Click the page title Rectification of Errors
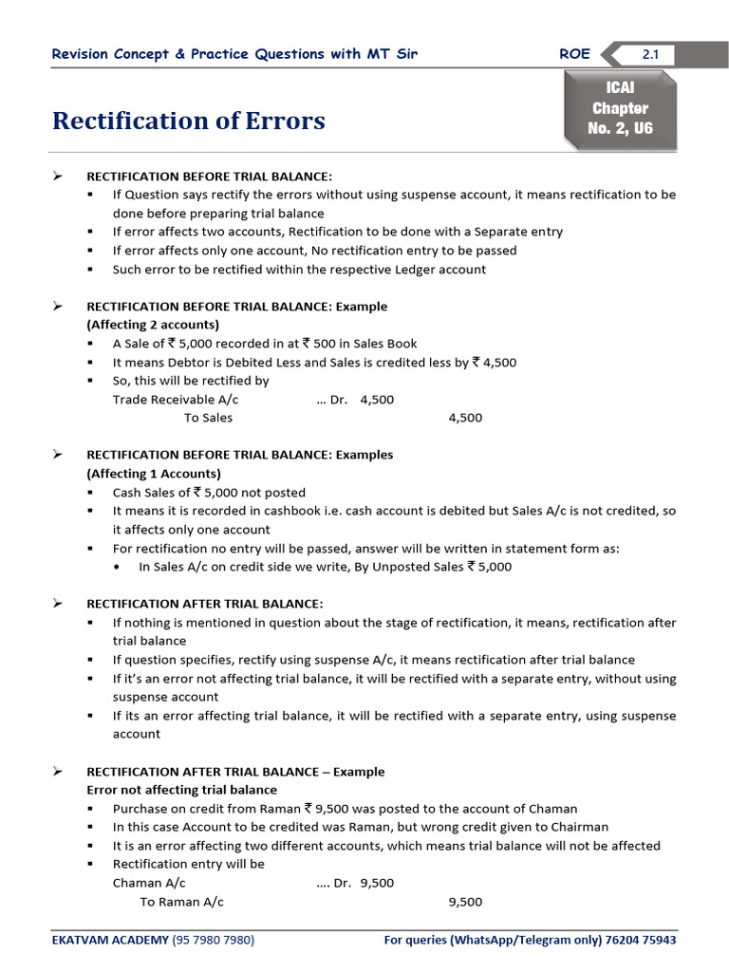tap(188, 121)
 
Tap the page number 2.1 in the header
tap(650, 55)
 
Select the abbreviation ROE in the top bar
tap(574, 54)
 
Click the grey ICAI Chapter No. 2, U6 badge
tap(620, 108)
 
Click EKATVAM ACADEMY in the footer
tap(109, 940)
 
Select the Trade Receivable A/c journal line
tap(162, 400)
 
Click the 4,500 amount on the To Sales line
tap(465, 418)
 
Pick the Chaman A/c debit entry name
tap(149, 883)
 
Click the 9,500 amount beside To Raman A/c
tap(465, 902)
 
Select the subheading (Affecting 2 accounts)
tap(153, 325)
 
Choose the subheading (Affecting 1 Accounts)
tap(154, 474)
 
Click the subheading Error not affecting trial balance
tap(182, 790)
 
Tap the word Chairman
tap(578, 827)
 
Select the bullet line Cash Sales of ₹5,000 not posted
tap(209, 493)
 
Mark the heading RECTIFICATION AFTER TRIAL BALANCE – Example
tap(235, 772)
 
